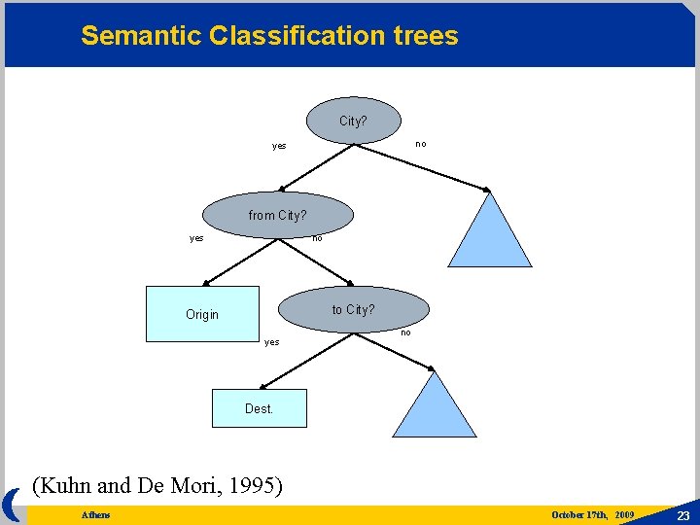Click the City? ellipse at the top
353,122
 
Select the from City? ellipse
277,215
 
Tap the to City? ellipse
353,309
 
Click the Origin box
202,314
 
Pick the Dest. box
259,408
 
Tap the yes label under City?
279,147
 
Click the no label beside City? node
421,144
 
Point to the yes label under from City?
196,238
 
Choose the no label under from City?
317,237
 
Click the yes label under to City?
272,342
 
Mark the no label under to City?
405,332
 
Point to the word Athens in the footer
96,514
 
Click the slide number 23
682,515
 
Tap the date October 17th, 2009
592,514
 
